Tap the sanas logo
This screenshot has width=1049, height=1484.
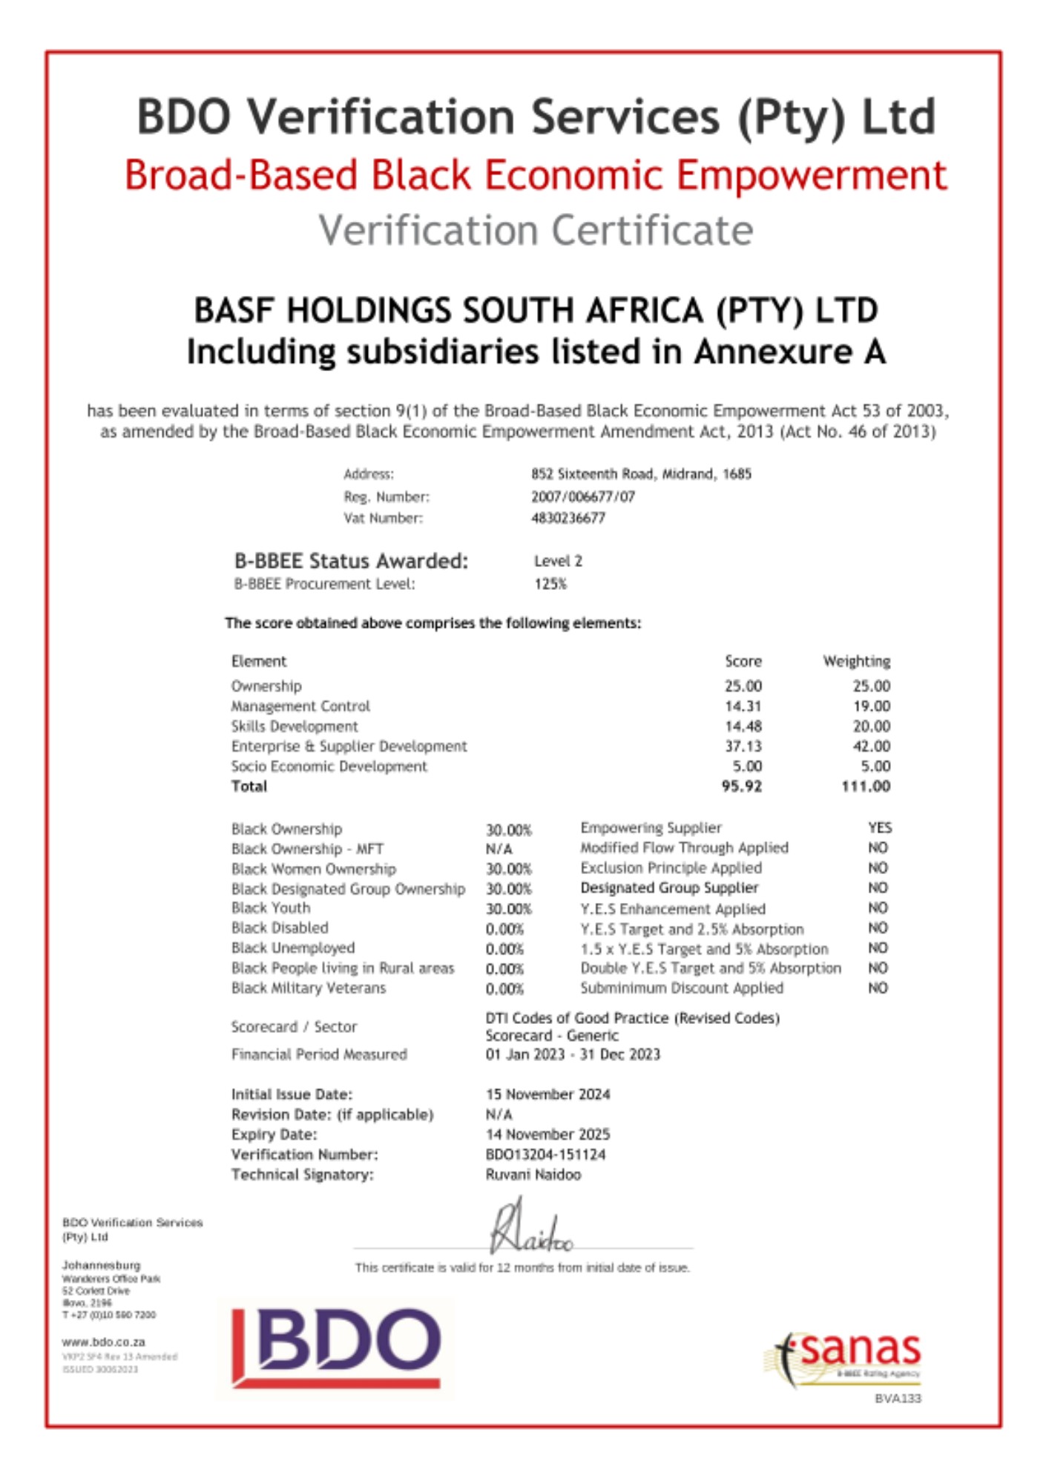846,1356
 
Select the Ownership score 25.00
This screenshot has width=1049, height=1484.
743,686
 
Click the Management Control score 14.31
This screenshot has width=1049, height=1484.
743,706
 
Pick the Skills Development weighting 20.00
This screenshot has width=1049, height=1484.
871,726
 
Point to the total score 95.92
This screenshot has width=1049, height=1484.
741,787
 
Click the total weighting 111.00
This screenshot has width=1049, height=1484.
865,787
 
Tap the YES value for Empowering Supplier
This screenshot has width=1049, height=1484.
880,828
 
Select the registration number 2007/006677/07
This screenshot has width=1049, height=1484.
583,497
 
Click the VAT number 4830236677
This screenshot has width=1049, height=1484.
568,519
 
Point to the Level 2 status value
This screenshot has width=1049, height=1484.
558,562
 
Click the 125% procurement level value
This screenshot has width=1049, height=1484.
550,585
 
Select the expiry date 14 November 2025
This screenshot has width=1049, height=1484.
547,1135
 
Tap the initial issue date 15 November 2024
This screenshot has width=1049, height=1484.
547,1094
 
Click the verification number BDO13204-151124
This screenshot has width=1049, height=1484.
545,1155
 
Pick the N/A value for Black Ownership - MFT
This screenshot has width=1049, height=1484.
499,849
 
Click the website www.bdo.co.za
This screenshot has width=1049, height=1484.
103,1342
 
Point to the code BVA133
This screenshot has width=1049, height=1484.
898,1399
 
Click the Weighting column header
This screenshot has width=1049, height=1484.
856,661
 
